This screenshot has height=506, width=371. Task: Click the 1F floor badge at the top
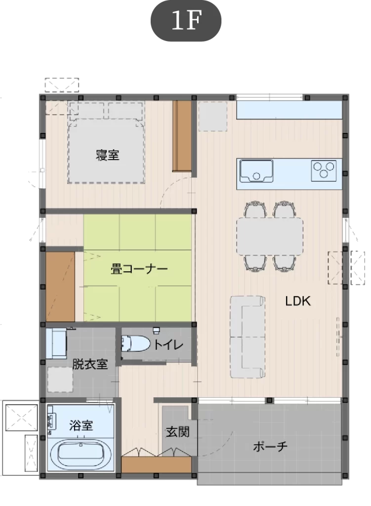click(x=186, y=21)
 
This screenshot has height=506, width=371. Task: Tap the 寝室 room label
click(x=107, y=155)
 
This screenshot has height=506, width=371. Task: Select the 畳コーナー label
click(x=139, y=269)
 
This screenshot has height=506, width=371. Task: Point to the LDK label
click(x=298, y=301)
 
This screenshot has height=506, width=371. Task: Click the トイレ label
click(x=168, y=344)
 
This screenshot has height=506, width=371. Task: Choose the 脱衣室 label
click(x=90, y=364)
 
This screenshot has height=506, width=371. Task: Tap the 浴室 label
click(x=81, y=425)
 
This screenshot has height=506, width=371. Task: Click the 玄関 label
click(x=177, y=432)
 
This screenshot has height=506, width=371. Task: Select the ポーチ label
click(x=270, y=446)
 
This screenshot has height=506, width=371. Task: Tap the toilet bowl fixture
click(x=135, y=343)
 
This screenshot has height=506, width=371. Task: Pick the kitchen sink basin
click(x=256, y=171)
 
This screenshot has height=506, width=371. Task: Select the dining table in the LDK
click(x=270, y=236)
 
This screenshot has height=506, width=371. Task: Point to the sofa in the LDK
click(x=247, y=337)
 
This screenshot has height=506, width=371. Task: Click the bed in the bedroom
click(x=106, y=143)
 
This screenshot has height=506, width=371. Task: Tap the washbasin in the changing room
click(x=56, y=343)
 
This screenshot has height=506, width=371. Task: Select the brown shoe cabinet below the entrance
click(x=157, y=464)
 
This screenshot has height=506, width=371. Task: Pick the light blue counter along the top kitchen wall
click(x=289, y=110)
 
